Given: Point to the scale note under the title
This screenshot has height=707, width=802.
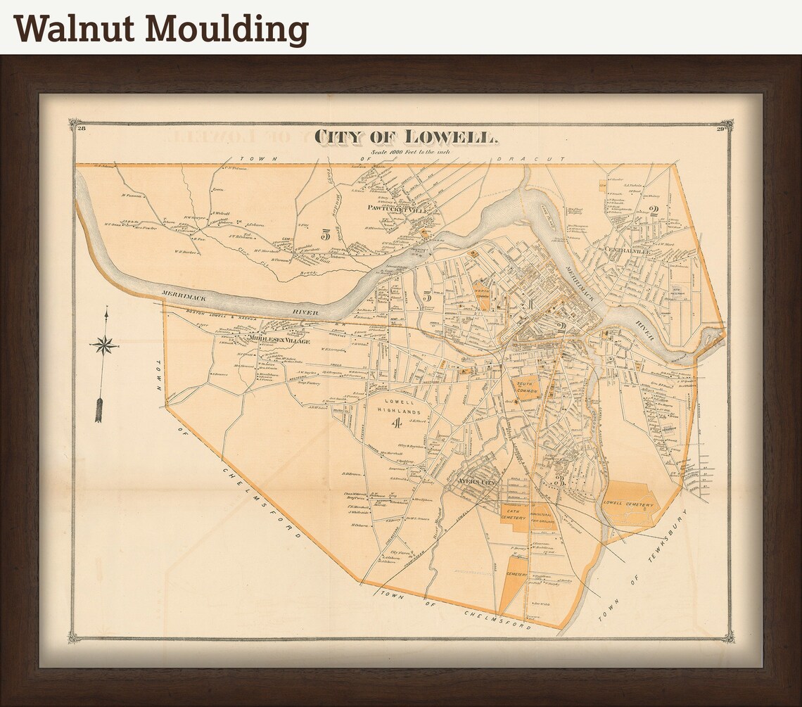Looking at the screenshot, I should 409,153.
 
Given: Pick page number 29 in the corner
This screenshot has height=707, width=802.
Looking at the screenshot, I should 720,128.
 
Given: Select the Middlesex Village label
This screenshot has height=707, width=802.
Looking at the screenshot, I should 279,340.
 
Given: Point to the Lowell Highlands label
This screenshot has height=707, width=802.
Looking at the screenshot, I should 400,406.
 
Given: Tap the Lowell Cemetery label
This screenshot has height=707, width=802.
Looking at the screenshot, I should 631,504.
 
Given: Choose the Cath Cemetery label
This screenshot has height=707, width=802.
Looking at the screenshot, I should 514,514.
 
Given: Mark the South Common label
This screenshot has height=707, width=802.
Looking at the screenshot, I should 526,388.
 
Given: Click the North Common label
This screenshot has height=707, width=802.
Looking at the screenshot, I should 483,293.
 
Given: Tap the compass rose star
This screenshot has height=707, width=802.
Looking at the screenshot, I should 104,345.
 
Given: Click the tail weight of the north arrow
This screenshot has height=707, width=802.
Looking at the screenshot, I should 99,411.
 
